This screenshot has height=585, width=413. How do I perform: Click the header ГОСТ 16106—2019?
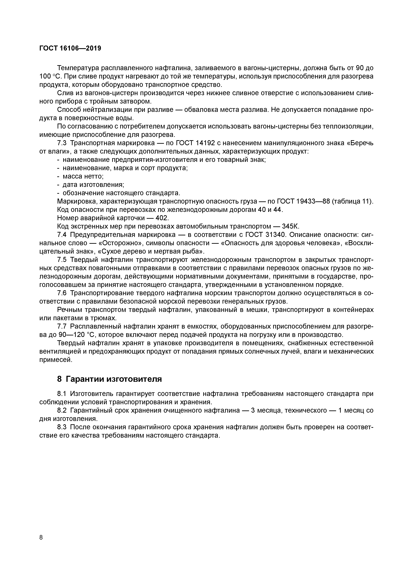[70, 48]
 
